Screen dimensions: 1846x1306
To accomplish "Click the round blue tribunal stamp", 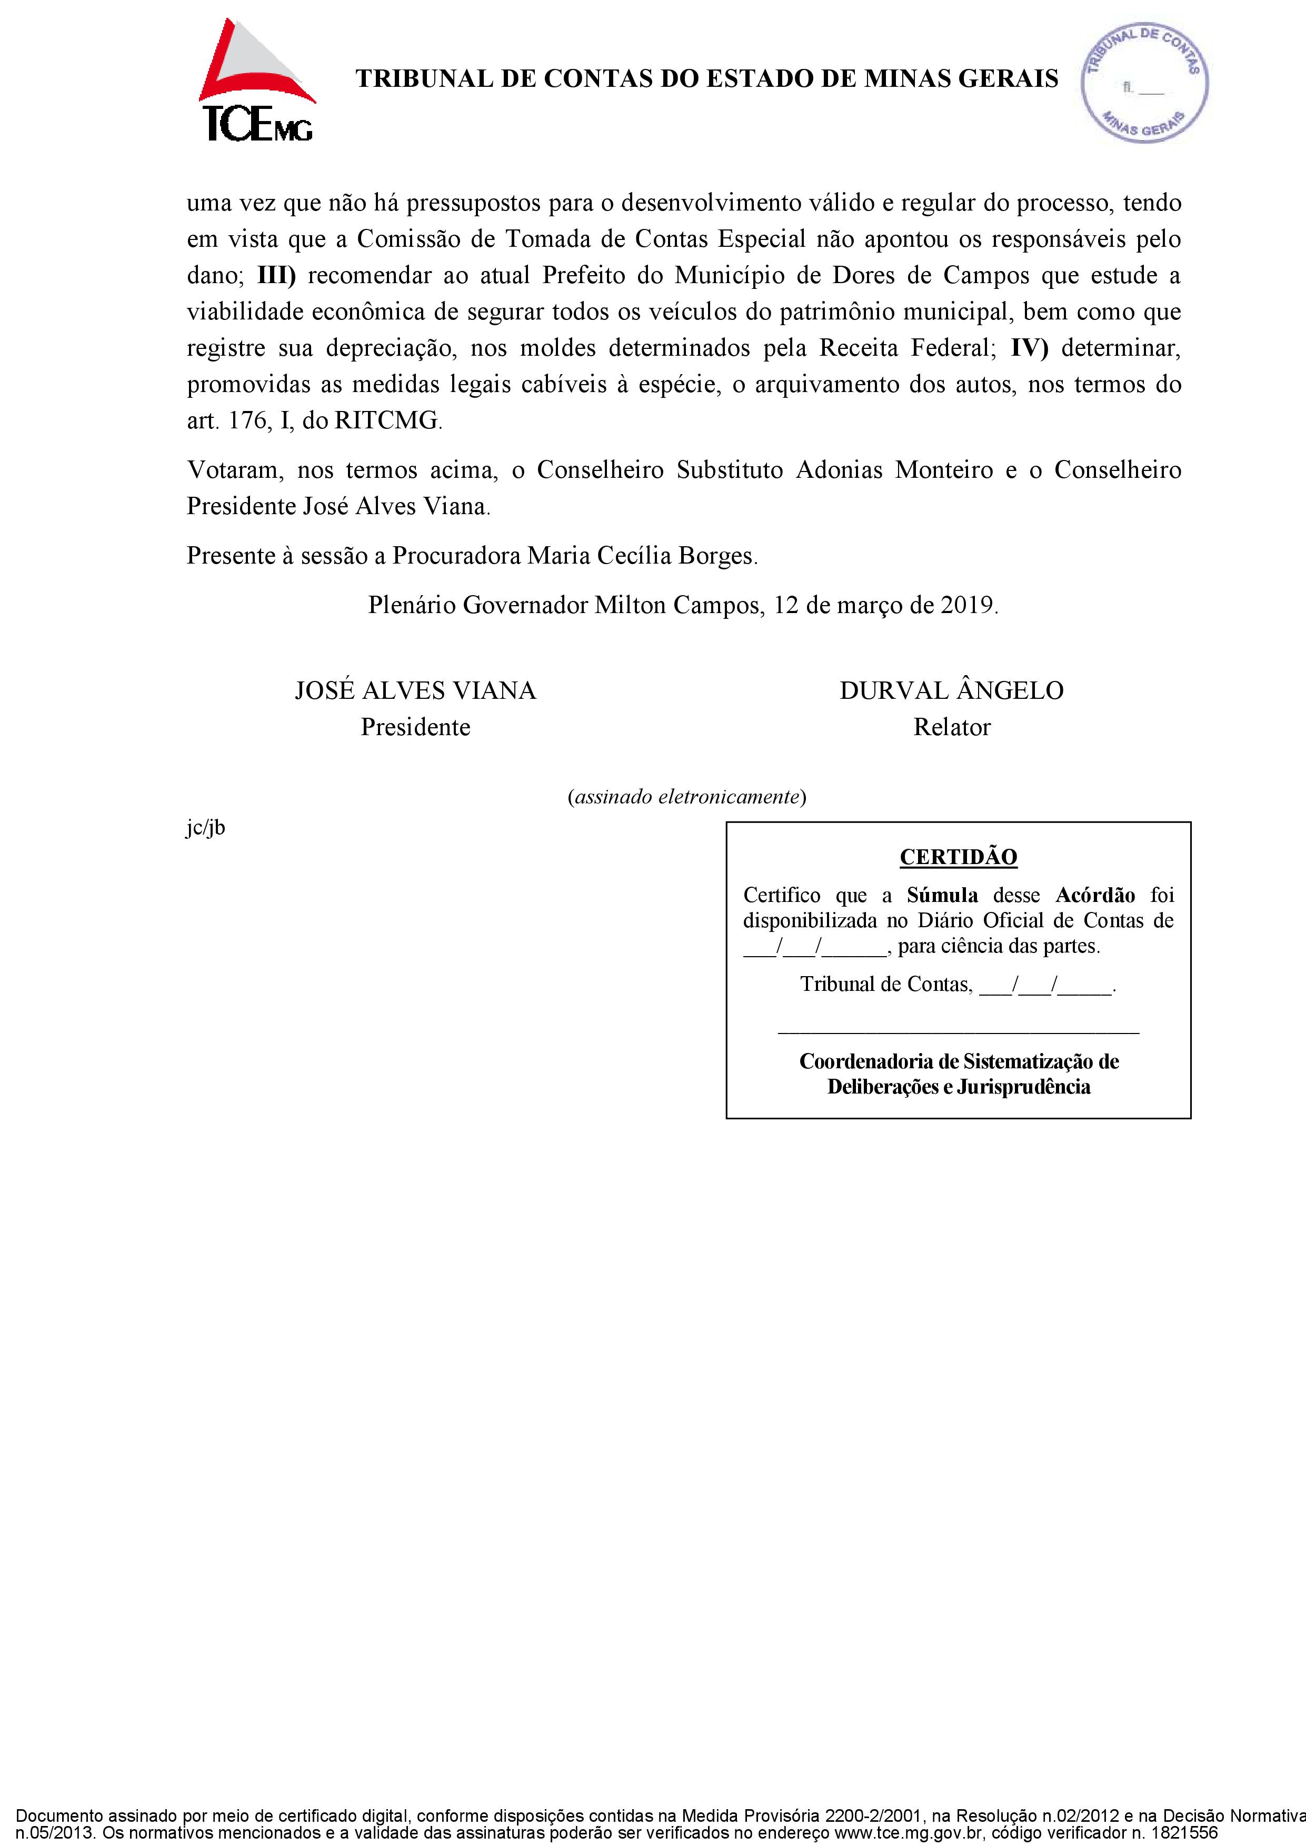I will coord(1144,83).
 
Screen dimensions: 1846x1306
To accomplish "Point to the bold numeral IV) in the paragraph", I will coord(1029,348).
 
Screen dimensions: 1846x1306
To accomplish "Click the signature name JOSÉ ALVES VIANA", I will coord(415,690).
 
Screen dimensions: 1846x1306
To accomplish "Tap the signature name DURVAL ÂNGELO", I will coord(951,690).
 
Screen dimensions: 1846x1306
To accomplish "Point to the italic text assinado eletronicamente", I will coord(687,797).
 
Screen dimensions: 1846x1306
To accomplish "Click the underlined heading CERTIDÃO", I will coord(958,857).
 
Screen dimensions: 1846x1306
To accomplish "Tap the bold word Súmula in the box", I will coord(942,895).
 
